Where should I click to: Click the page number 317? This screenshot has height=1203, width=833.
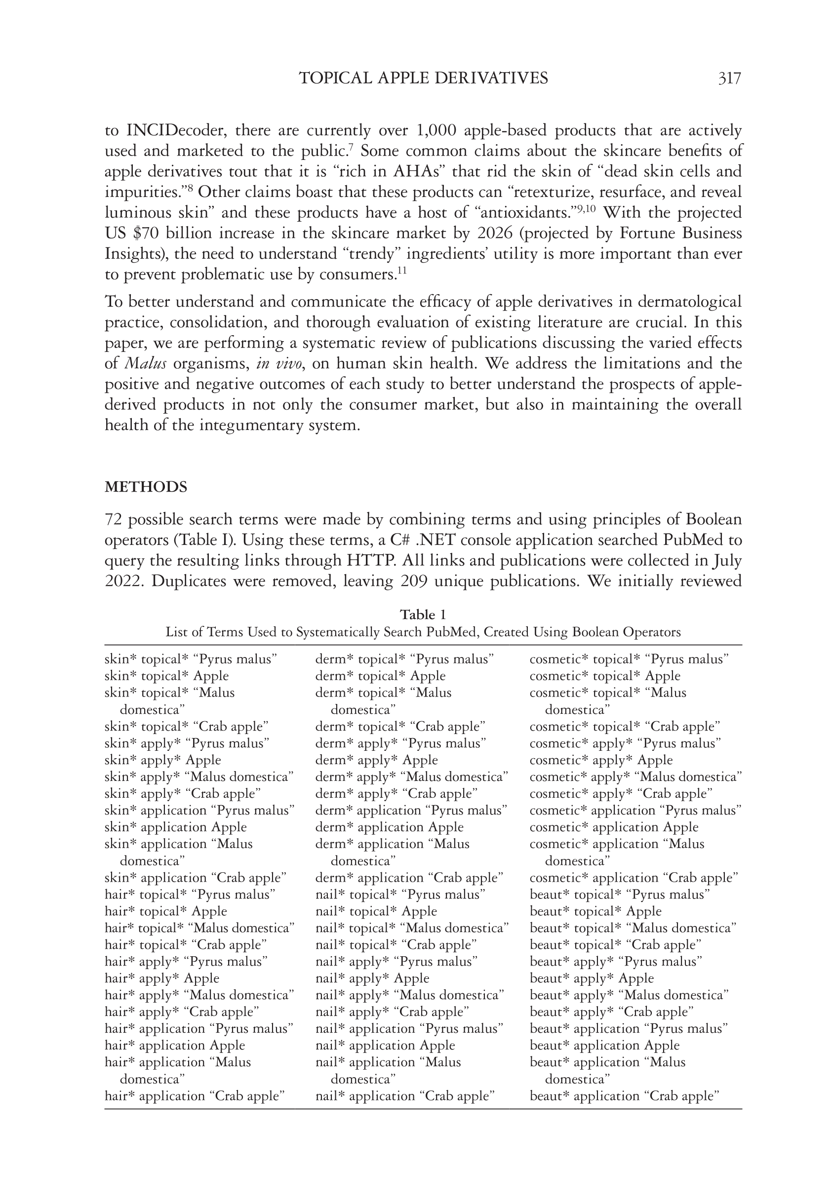729,78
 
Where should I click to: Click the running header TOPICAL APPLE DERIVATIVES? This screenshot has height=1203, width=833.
423,78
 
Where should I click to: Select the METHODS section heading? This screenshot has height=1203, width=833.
146,487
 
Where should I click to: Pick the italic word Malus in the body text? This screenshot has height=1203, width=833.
145,364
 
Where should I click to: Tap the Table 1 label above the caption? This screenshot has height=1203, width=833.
423,614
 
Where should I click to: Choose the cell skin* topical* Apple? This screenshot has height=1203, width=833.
166,676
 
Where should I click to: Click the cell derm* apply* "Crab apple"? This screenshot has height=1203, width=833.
396,793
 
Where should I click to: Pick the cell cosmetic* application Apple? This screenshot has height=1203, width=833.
614,827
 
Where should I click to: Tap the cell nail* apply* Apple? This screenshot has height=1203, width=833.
372,978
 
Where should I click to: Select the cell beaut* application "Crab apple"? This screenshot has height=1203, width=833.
624,1096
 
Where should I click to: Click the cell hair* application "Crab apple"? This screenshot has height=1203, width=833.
195,1096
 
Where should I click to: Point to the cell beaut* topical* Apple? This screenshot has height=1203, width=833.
595,911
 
